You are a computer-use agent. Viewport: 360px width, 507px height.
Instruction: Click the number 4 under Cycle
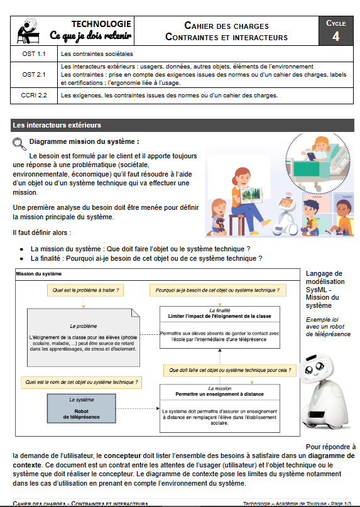(336, 36)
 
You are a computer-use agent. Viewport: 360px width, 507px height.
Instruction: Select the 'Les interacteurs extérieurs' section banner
(57, 125)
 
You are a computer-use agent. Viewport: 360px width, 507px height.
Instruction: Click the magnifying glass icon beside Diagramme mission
(19, 143)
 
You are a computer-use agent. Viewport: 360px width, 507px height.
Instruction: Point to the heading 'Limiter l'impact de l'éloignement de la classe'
(219, 315)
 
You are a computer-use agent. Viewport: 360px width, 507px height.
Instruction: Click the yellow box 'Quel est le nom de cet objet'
(80, 381)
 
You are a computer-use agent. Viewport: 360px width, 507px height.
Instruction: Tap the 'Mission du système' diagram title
(38, 275)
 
